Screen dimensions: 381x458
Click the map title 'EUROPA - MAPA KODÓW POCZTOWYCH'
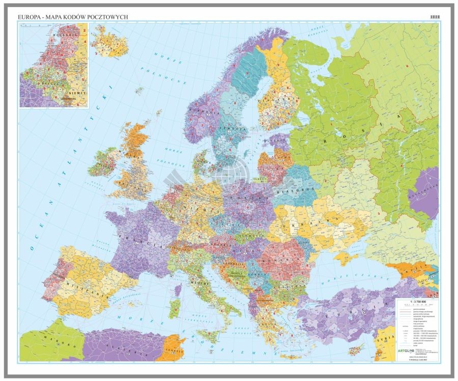tap(73, 17)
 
